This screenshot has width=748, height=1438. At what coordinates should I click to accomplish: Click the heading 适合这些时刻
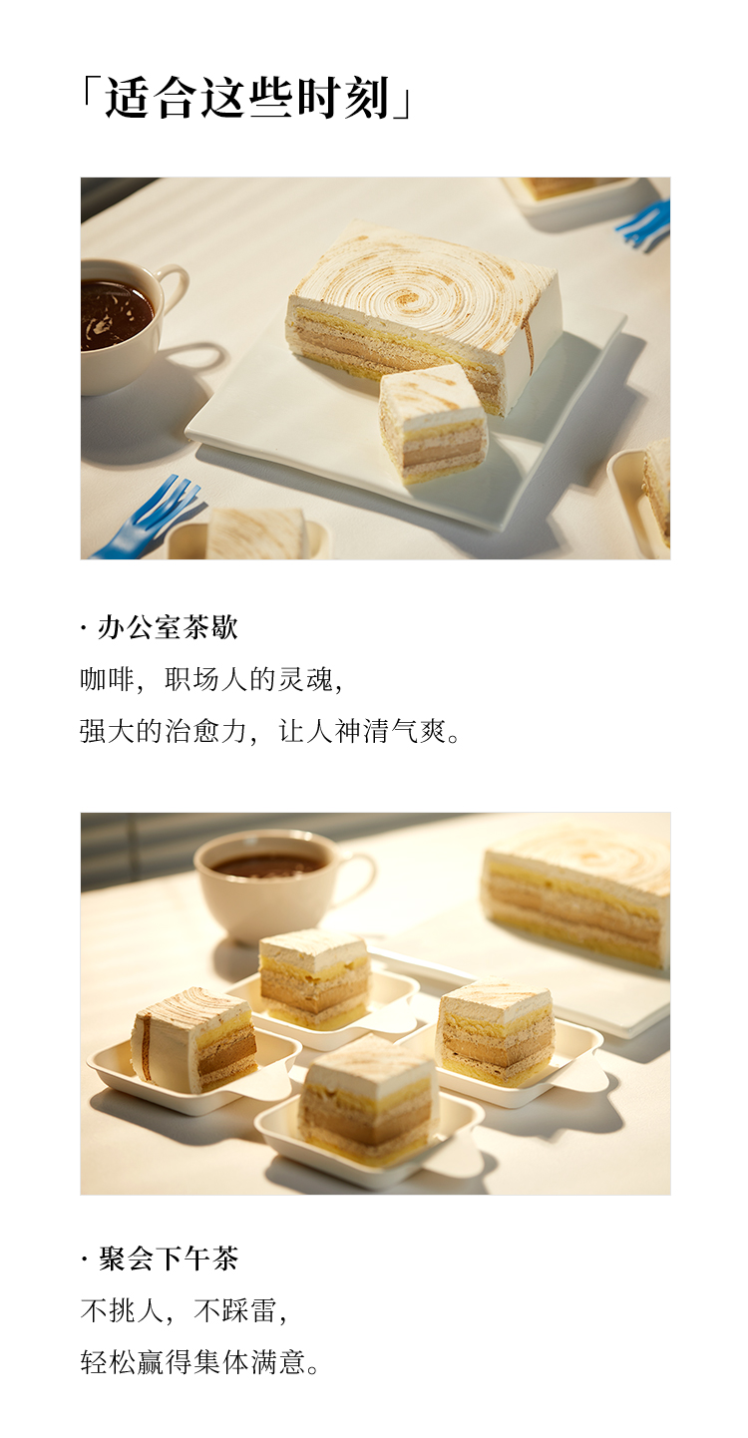(x=248, y=98)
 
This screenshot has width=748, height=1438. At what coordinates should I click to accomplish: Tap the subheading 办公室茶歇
(x=168, y=627)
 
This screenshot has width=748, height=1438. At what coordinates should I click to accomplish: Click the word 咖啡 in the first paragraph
(x=108, y=679)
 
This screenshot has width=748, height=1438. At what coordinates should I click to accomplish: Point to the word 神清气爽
(x=390, y=731)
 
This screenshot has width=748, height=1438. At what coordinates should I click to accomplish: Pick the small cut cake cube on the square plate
(x=433, y=425)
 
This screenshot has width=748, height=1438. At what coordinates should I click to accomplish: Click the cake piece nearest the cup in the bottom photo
(x=314, y=975)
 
